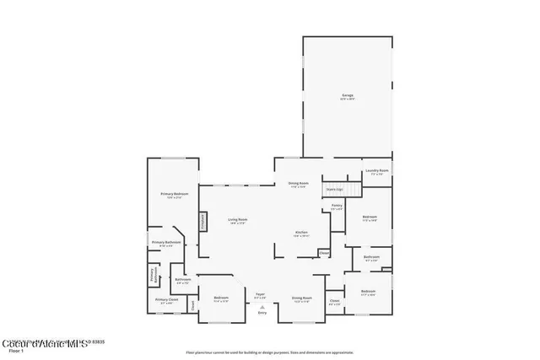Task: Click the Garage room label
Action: click(348, 97)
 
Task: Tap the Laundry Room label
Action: click(377, 172)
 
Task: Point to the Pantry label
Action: click(336, 207)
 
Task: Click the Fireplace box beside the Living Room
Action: click(202, 221)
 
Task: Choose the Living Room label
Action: click(237, 221)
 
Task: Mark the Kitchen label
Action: click(301, 233)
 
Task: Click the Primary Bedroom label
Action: click(175, 195)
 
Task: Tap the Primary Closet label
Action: click(166, 300)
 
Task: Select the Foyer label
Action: click(261, 295)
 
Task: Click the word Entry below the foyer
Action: click(262, 314)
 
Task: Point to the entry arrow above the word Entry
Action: click(262, 307)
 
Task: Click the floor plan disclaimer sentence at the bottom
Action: click(269, 352)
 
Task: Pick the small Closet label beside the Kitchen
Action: click(324, 253)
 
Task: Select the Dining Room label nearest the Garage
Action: click(298, 184)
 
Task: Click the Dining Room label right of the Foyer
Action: click(301, 298)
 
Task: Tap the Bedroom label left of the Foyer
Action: click(221, 298)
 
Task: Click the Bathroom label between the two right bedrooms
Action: click(372, 257)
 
